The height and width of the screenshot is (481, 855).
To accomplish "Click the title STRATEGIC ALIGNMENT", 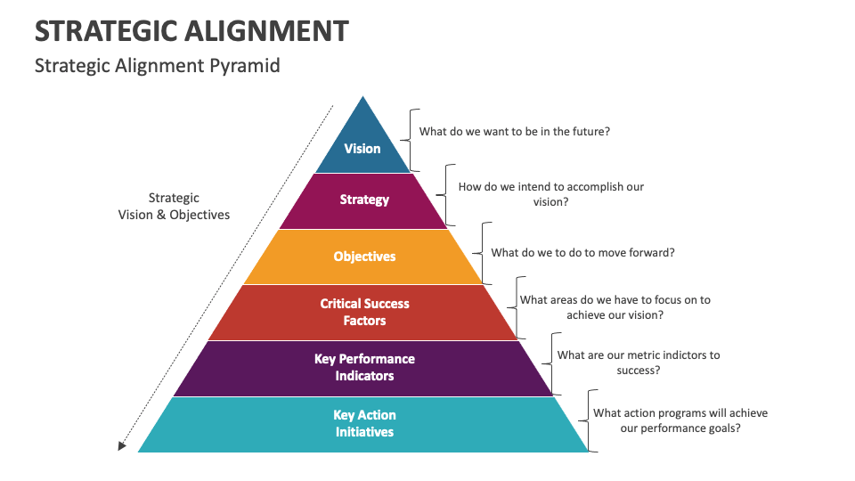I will point(191,32).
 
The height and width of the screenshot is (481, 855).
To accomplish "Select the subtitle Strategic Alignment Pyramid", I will point(157,66).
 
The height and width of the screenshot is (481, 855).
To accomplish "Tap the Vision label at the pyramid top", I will point(362,149).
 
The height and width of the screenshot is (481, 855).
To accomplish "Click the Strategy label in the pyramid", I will point(364,200).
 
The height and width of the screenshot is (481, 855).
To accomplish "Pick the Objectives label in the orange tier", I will point(364,257).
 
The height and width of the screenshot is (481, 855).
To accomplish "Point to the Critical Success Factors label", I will point(364,312).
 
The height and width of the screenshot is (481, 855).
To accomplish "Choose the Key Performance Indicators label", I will point(364,367).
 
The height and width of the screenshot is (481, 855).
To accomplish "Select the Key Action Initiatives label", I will point(364,423).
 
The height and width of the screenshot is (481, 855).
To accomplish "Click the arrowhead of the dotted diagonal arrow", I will point(123,445).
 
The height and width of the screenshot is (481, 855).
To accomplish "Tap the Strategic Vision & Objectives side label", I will point(174,207).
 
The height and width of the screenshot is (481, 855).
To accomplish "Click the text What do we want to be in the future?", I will point(514,132).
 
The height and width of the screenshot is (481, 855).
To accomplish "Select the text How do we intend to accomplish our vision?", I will point(550,194).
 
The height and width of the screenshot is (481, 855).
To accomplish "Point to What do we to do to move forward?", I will point(582,252).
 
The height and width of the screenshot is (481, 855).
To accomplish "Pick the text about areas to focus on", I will point(615,307).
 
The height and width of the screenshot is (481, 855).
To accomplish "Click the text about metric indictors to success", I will point(638,363).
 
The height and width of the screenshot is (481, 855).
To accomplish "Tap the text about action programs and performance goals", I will point(680,420).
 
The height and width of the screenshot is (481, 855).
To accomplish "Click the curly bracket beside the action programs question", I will point(587,420).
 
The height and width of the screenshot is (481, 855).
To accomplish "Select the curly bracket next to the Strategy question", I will point(446,194).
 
